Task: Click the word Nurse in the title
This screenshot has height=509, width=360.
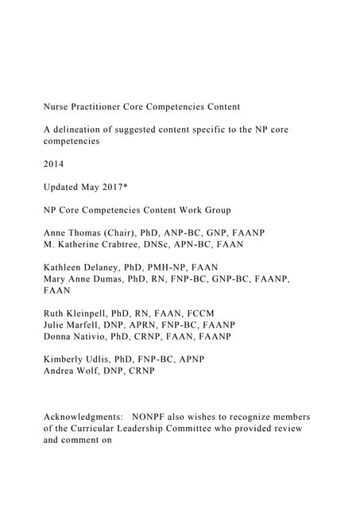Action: (x=58, y=107)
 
